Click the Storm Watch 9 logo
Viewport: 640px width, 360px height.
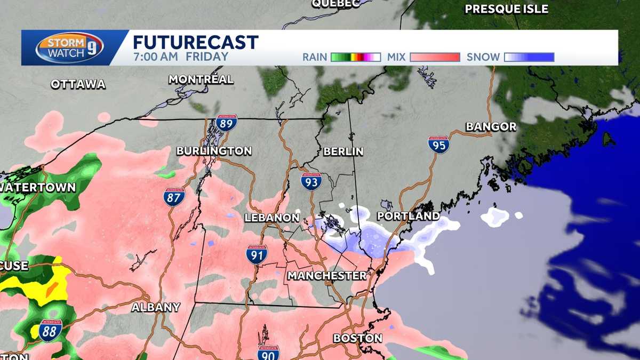point(69,47)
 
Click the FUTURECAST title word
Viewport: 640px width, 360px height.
point(195,43)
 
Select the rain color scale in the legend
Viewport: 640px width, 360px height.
point(355,57)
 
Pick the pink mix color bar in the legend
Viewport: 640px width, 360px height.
point(435,57)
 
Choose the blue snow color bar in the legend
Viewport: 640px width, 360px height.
point(529,57)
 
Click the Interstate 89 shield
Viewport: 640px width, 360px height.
point(227,123)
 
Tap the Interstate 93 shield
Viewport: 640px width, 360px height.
point(311,182)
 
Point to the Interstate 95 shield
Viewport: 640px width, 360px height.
point(438,145)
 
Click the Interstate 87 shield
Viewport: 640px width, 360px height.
point(174,197)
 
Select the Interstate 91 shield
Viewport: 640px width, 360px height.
point(257,254)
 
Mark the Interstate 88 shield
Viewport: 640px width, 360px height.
point(50,331)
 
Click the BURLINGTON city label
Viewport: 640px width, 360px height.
point(214,151)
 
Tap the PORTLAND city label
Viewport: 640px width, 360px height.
point(408,217)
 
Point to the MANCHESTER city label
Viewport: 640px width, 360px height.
point(327,276)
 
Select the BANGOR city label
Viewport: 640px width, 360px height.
point(491,127)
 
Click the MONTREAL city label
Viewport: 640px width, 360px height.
point(201,79)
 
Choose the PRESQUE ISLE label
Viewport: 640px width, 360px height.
point(506,9)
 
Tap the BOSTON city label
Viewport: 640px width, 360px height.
point(357,338)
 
